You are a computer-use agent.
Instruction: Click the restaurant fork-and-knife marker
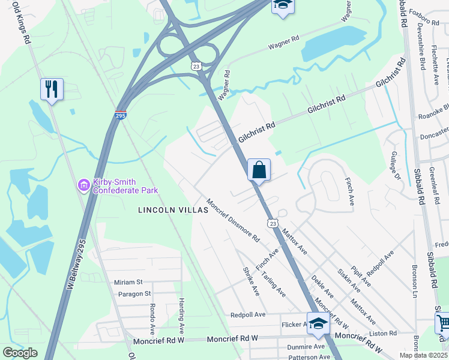(52, 89)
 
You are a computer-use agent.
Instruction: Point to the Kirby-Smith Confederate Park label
(125, 187)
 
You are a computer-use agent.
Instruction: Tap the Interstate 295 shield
(121, 115)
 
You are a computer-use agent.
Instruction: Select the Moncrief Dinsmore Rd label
(233, 220)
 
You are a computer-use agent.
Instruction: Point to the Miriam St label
(128, 282)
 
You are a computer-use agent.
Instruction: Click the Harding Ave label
(181, 315)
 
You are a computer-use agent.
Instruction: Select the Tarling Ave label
(274, 284)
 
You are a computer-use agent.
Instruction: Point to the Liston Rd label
(383, 333)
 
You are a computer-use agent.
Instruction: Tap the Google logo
(20, 353)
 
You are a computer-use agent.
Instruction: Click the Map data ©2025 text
(423, 355)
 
